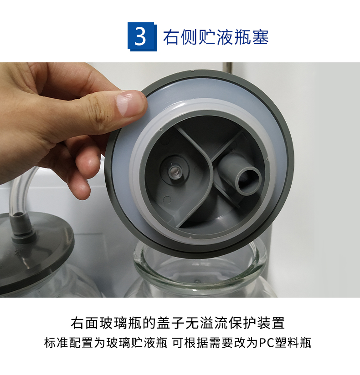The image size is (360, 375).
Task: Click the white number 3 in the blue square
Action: (140, 36)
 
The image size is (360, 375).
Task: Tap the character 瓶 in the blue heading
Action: (242, 37)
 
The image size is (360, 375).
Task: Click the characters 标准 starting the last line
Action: (57, 343)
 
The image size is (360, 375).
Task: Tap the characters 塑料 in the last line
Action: (287, 343)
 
